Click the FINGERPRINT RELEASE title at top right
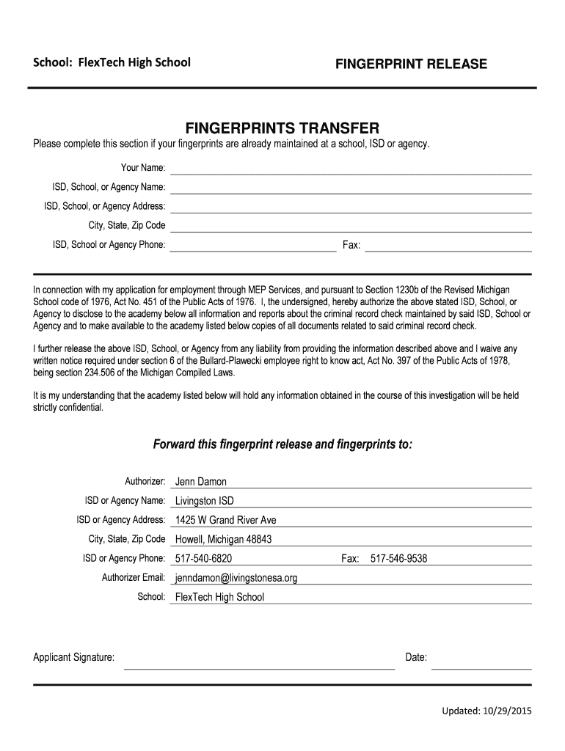click(411, 65)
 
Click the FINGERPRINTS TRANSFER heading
click(282, 126)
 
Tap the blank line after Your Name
click(351, 169)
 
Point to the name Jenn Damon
click(201, 482)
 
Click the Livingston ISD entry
click(205, 501)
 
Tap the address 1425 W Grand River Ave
click(225, 520)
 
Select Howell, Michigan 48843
click(223, 539)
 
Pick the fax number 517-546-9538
click(398, 559)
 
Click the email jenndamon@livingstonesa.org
click(236, 578)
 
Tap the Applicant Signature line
click(258, 663)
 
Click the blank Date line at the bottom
click(481, 663)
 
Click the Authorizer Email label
click(134, 577)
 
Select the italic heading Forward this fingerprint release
click(282, 444)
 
